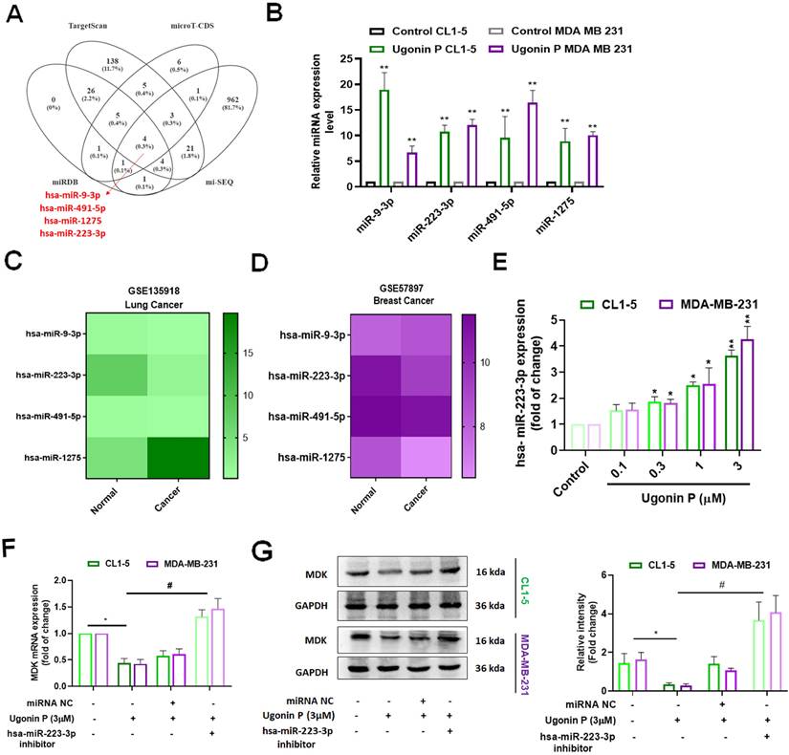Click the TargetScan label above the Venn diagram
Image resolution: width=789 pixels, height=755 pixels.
(87, 27)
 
